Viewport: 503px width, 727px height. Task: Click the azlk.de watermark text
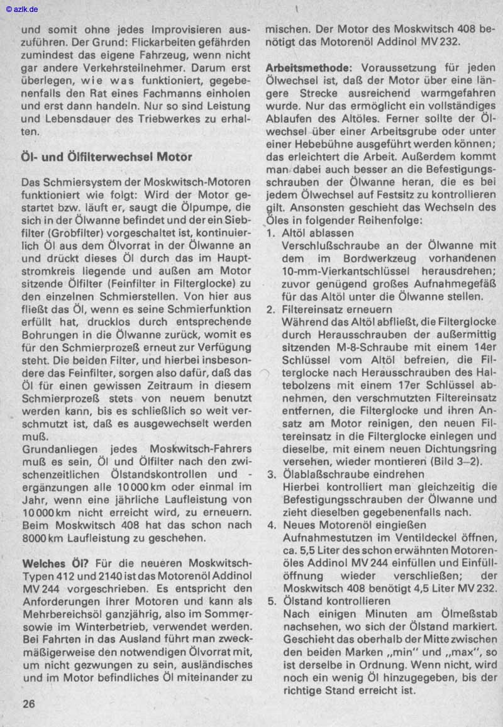22,9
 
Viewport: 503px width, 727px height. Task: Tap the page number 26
29,704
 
